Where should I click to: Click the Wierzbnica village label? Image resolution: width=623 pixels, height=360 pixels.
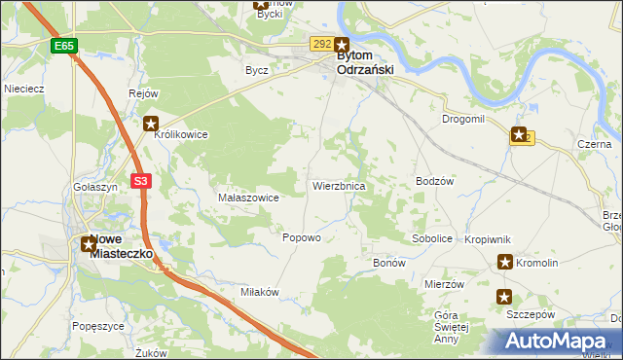[339, 185]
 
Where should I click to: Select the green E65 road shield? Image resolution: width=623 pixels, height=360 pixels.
[64, 46]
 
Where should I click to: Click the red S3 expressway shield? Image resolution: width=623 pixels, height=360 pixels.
[142, 181]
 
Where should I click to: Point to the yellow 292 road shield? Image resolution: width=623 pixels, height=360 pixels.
[322, 44]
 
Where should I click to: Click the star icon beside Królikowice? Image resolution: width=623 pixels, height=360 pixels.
[151, 124]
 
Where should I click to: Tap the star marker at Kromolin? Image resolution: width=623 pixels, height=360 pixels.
[505, 261]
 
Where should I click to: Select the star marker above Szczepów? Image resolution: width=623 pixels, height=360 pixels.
[504, 297]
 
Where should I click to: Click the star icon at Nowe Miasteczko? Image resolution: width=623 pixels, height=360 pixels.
[89, 243]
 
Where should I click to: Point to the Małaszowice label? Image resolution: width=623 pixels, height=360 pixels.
[249, 198]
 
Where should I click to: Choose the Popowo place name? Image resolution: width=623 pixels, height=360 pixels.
[301, 238]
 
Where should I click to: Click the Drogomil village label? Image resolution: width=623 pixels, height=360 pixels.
[463, 119]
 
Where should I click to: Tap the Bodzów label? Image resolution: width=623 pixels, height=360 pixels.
[435, 182]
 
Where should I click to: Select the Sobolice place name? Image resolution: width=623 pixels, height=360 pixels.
[432, 238]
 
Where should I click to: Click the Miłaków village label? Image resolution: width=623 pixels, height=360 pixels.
[260, 292]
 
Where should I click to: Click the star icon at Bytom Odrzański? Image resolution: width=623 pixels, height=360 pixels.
[343, 44]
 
